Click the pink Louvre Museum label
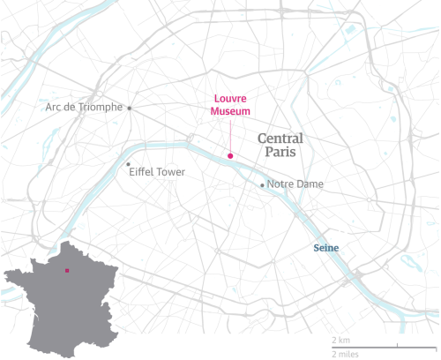pyautogui.click(x=230, y=105)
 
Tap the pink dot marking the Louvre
pyautogui.click(x=230, y=156)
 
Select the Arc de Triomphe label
pyautogui.click(x=85, y=108)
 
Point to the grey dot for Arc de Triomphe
pyautogui.click(x=130, y=108)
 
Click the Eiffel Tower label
pyautogui.click(x=157, y=171)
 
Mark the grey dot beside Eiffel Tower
pyautogui.click(x=129, y=164)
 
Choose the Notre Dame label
pyautogui.click(x=295, y=184)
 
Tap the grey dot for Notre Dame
pyautogui.click(x=262, y=184)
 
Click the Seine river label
pyautogui.click(x=326, y=248)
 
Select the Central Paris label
pyautogui.click(x=280, y=146)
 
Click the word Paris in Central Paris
pyautogui.click(x=280, y=154)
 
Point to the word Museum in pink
pyautogui.click(x=230, y=112)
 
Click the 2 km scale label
pyautogui.click(x=340, y=340)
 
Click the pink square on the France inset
pyautogui.click(x=66, y=270)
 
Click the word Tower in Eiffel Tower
pyautogui.click(x=169, y=171)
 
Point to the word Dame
pyautogui.click(x=309, y=184)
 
